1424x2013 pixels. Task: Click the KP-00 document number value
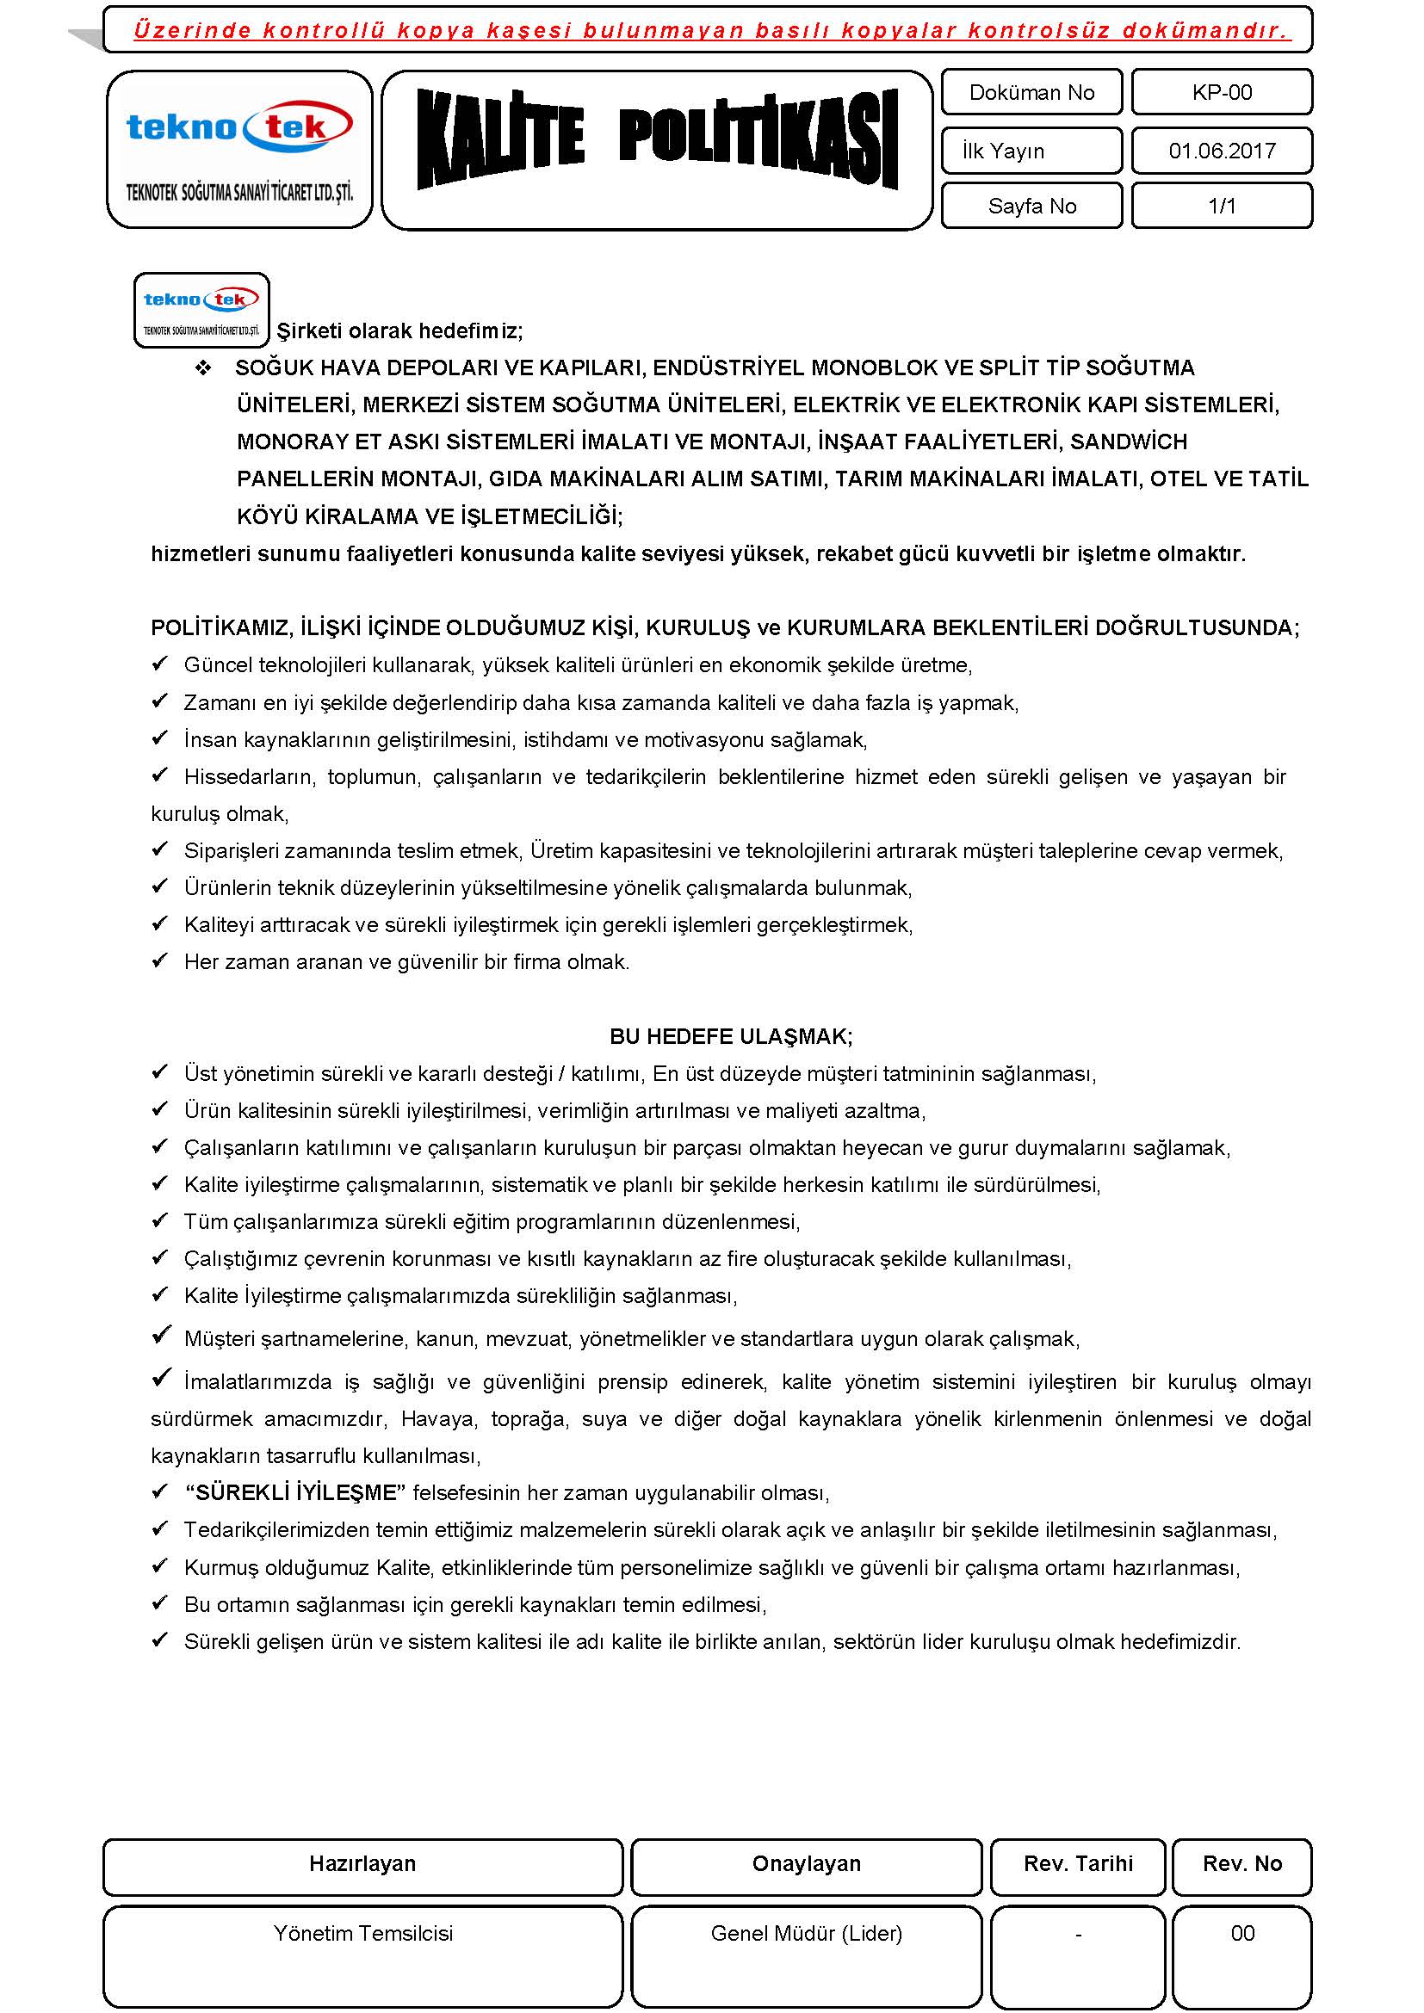1222,93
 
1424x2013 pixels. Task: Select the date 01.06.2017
1222,151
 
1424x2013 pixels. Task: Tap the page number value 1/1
1222,206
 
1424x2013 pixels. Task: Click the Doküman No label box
1031,93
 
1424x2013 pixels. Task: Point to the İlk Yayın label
1004,151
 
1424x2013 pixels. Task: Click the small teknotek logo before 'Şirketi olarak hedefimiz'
201,310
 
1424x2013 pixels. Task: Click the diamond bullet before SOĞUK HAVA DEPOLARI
203,368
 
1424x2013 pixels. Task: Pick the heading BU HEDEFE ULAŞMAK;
730,1036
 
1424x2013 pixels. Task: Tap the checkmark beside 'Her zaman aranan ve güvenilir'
159,961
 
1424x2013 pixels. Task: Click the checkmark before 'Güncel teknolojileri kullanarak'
159,664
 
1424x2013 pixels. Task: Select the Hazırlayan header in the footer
362,1863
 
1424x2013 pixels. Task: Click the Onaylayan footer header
806,1863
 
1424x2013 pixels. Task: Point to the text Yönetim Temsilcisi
362,1933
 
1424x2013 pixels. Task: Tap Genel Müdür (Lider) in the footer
806,1933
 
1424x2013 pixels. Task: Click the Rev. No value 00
1241,1933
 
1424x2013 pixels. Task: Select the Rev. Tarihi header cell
1078,1863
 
